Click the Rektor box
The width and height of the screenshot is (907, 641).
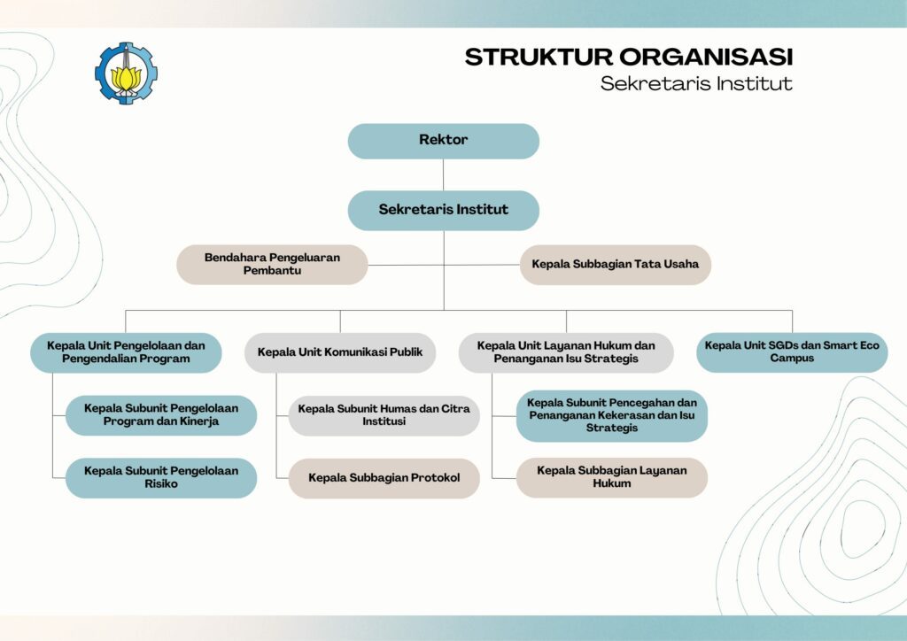(443, 141)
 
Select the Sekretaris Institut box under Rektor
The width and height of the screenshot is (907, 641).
(443, 210)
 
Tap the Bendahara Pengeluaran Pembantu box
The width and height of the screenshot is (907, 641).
(272, 264)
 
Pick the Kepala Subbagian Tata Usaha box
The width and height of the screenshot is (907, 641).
(615, 264)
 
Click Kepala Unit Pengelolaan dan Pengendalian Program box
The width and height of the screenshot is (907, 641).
(125, 352)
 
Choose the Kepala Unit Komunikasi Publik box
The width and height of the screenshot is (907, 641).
(340, 352)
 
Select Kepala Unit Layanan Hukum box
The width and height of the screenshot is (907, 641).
(566, 352)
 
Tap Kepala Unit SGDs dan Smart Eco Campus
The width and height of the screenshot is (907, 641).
(792, 352)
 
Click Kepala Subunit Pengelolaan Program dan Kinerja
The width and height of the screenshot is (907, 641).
(161, 415)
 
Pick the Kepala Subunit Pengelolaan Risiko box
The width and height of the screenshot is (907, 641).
(161, 477)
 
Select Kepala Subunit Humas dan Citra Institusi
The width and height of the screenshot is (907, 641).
(384, 415)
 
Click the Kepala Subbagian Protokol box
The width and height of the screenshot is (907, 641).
(384, 478)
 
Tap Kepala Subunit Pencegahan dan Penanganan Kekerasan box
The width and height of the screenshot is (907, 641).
(611, 415)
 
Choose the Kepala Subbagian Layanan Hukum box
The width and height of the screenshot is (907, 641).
(611, 477)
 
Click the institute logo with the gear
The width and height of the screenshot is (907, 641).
(126, 73)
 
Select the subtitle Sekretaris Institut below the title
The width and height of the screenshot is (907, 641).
(695, 84)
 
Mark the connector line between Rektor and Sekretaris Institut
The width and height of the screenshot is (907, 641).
(444, 174)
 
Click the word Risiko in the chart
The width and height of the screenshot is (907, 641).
(160, 484)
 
